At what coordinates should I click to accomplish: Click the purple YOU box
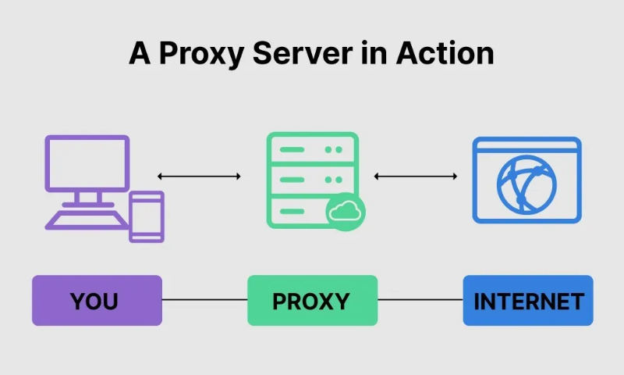pyautogui.click(x=97, y=300)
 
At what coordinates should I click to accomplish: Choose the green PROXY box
pyautogui.click(x=312, y=300)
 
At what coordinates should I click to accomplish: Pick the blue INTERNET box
pyautogui.click(x=528, y=300)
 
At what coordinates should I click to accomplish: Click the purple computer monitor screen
pyautogui.click(x=87, y=163)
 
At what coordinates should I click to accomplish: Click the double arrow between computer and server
pyautogui.click(x=199, y=177)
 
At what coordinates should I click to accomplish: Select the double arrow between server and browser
pyautogui.click(x=415, y=177)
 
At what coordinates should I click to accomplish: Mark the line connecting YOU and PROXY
pyautogui.click(x=204, y=300)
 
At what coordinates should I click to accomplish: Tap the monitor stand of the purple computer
pyautogui.click(x=86, y=200)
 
